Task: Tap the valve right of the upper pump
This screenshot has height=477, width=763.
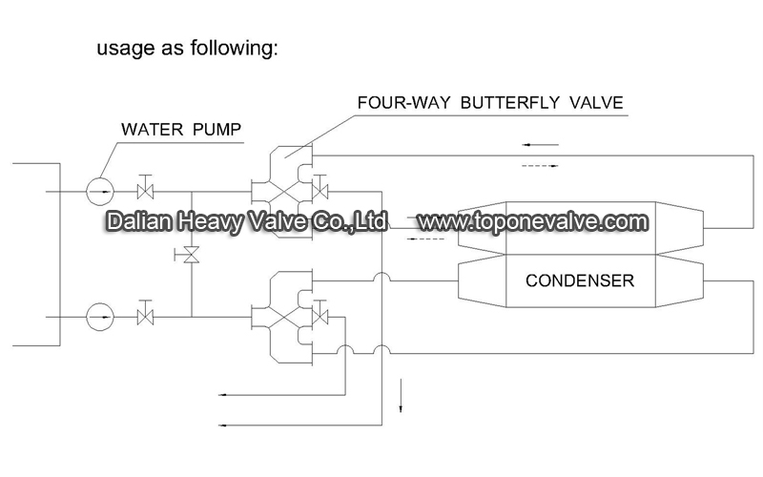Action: coord(146,188)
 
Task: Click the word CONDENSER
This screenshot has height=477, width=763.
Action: coord(580,280)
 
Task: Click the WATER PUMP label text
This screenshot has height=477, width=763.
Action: coord(181,130)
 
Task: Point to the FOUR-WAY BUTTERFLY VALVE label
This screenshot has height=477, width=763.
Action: coord(490,103)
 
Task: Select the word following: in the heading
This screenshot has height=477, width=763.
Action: coord(234,48)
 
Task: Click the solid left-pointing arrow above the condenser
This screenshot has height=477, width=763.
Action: coord(540,145)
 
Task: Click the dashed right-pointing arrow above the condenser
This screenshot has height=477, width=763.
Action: coord(540,166)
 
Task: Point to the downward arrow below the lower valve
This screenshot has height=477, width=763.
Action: coord(401,395)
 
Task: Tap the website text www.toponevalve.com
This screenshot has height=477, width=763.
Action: coord(533,222)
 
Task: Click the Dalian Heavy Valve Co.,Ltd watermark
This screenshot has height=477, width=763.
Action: coord(247,221)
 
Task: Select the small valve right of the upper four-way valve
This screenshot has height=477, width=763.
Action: coord(320,188)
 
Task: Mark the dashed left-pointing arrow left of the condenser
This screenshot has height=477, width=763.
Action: coord(425,239)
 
